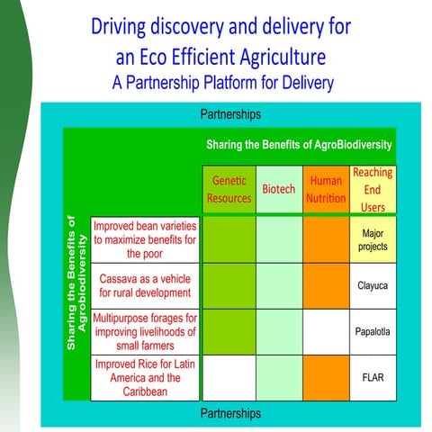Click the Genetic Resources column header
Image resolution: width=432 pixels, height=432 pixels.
point(229,189)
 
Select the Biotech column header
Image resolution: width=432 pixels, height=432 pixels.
point(278,190)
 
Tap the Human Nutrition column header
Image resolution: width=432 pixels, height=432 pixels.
point(325,189)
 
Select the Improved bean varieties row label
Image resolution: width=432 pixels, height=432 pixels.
point(145,240)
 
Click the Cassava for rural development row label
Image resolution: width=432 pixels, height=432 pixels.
point(145,285)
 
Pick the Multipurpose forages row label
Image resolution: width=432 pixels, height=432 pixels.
point(145,331)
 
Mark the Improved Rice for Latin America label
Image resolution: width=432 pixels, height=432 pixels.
point(145,377)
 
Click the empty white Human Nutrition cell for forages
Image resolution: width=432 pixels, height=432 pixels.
point(325,331)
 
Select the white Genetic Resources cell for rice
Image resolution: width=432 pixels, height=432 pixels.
point(229,377)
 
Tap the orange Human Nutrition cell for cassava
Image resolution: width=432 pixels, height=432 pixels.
point(325,285)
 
